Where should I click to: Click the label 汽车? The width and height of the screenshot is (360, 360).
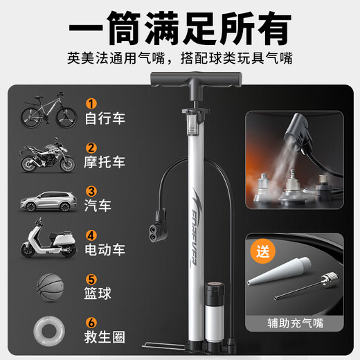pos(96,207)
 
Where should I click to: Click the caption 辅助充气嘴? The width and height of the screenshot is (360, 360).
pos(297,323)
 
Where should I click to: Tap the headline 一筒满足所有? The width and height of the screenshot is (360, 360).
pos(180,30)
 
